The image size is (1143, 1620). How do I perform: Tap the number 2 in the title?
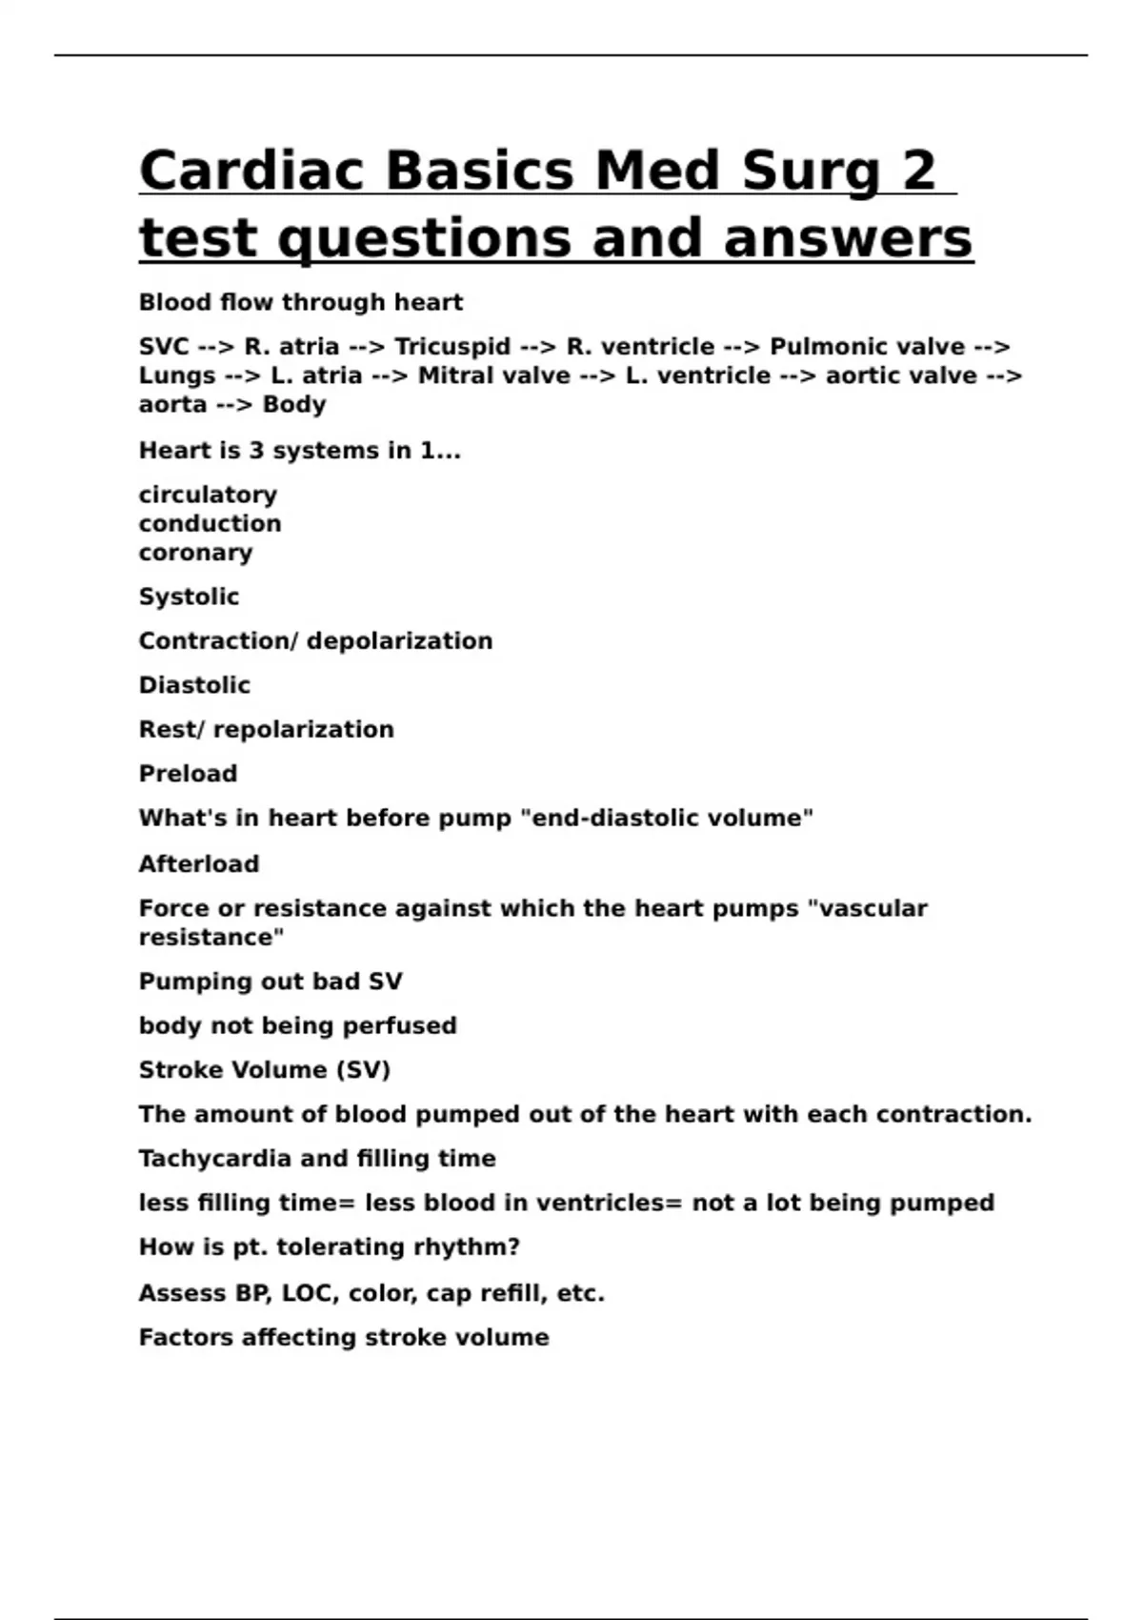pyautogui.click(x=918, y=172)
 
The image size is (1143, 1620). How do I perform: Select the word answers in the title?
pyautogui.click(x=848, y=238)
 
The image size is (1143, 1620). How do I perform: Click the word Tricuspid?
pyautogui.click(x=452, y=347)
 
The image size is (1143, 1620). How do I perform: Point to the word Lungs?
pyautogui.click(x=177, y=376)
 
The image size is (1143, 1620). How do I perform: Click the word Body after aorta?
pyautogui.click(x=294, y=405)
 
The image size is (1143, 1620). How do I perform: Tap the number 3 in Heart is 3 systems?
pyautogui.click(x=256, y=451)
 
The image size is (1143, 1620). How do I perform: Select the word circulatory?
pyautogui.click(x=208, y=496)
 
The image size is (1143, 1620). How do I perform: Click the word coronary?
pyautogui.click(x=195, y=554)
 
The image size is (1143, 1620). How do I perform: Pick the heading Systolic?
pyautogui.click(x=189, y=597)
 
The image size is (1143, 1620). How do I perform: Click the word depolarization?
pyautogui.click(x=400, y=641)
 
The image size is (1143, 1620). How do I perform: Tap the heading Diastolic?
pyautogui.click(x=194, y=686)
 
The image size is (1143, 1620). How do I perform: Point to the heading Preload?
pyautogui.click(x=188, y=774)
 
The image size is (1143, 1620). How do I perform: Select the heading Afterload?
pyautogui.click(x=199, y=864)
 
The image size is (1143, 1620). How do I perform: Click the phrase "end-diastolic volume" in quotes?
pyautogui.click(x=668, y=819)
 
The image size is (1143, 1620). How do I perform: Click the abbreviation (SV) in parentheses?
pyautogui.click(x=363, y=1070)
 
